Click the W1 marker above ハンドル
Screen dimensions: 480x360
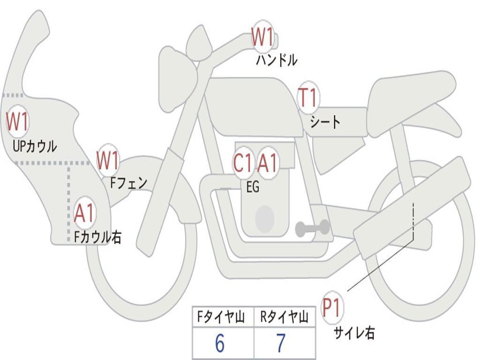click(x=262, y=37)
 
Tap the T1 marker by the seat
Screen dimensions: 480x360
click(x=308, y=98)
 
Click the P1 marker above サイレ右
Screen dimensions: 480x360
click(x=332, y=308)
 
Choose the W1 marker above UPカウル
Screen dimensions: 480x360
click(x=17, y=122)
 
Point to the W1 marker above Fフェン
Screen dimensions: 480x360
click(x=108, y=160)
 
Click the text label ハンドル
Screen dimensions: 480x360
click(x=277, y=60)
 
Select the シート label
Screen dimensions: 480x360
click(x=325, y=122)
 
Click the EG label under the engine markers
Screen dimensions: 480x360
click(x=253, y=187)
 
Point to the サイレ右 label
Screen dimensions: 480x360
click(x=354, y=333)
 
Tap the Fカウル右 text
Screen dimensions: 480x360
click(x=97, y=237)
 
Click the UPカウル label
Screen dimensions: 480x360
click(x=35, y=146)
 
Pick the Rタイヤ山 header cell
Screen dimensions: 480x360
click(x=285, y=318)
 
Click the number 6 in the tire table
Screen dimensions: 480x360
click(x=220, y=344)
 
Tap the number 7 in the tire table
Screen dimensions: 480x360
click(x=281, y=344)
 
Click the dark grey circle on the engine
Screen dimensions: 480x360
click(x=265, y=218)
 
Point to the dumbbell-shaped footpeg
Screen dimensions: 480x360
click(x=313, y=228)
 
